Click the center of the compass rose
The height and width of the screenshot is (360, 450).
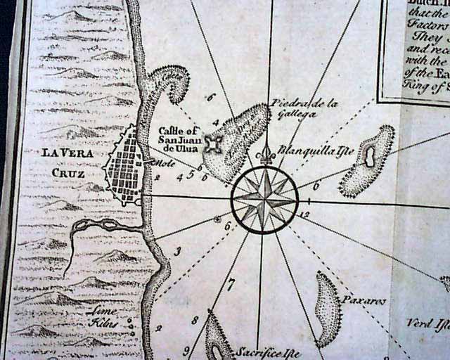point(263,200)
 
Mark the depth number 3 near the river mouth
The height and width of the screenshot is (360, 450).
point(177,250)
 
